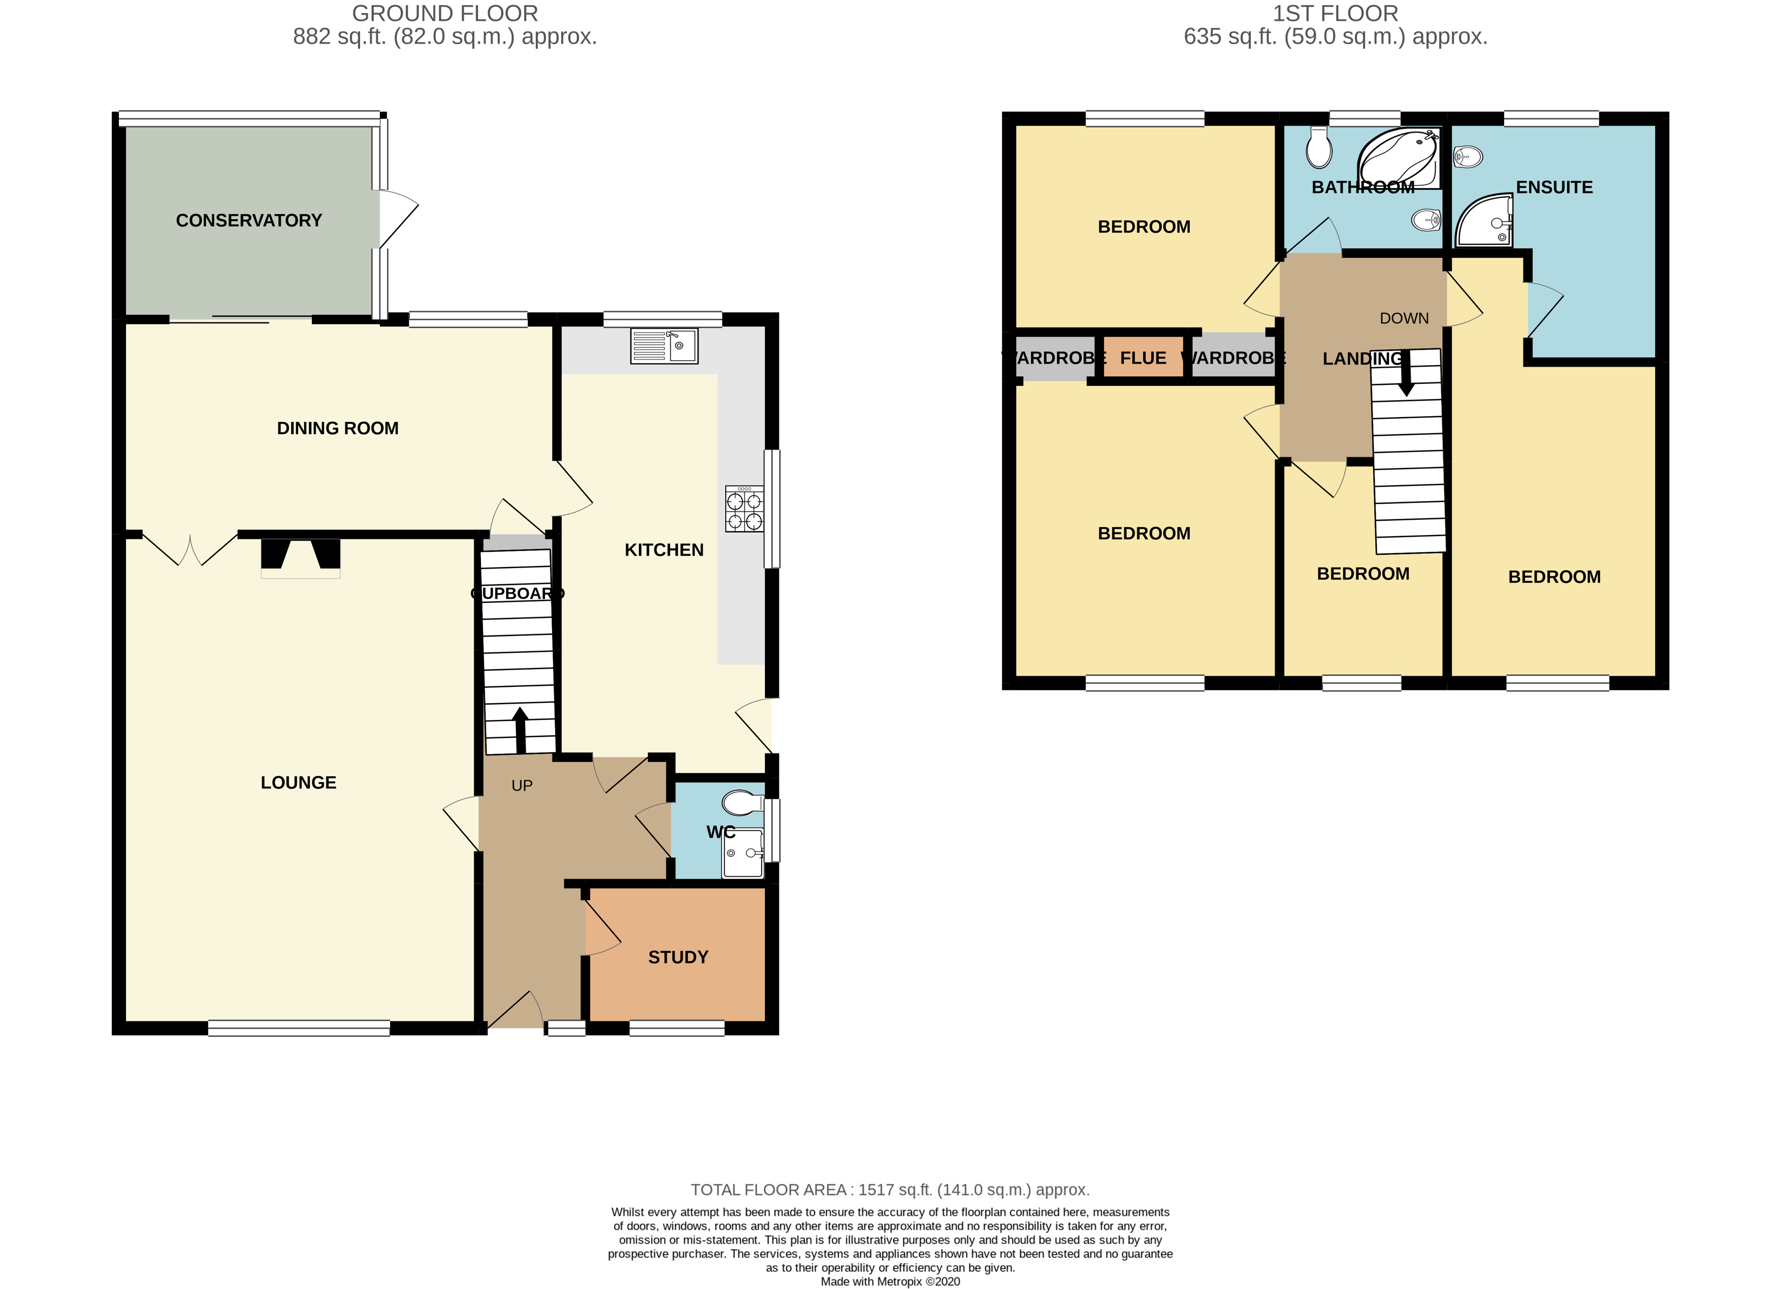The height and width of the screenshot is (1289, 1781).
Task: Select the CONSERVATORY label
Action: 249,221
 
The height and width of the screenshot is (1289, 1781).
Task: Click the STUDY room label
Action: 677,957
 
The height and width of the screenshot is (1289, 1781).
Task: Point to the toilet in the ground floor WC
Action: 741,803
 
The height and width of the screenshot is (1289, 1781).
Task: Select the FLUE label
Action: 1143,358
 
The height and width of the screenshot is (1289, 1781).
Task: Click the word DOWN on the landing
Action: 1404,318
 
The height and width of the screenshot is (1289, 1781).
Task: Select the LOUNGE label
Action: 299,783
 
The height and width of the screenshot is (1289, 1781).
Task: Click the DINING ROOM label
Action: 338,428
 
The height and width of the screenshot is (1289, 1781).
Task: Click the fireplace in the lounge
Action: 301,557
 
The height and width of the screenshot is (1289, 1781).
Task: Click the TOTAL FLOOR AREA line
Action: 890,1189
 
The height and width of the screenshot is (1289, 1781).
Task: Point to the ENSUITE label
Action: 1553,187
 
